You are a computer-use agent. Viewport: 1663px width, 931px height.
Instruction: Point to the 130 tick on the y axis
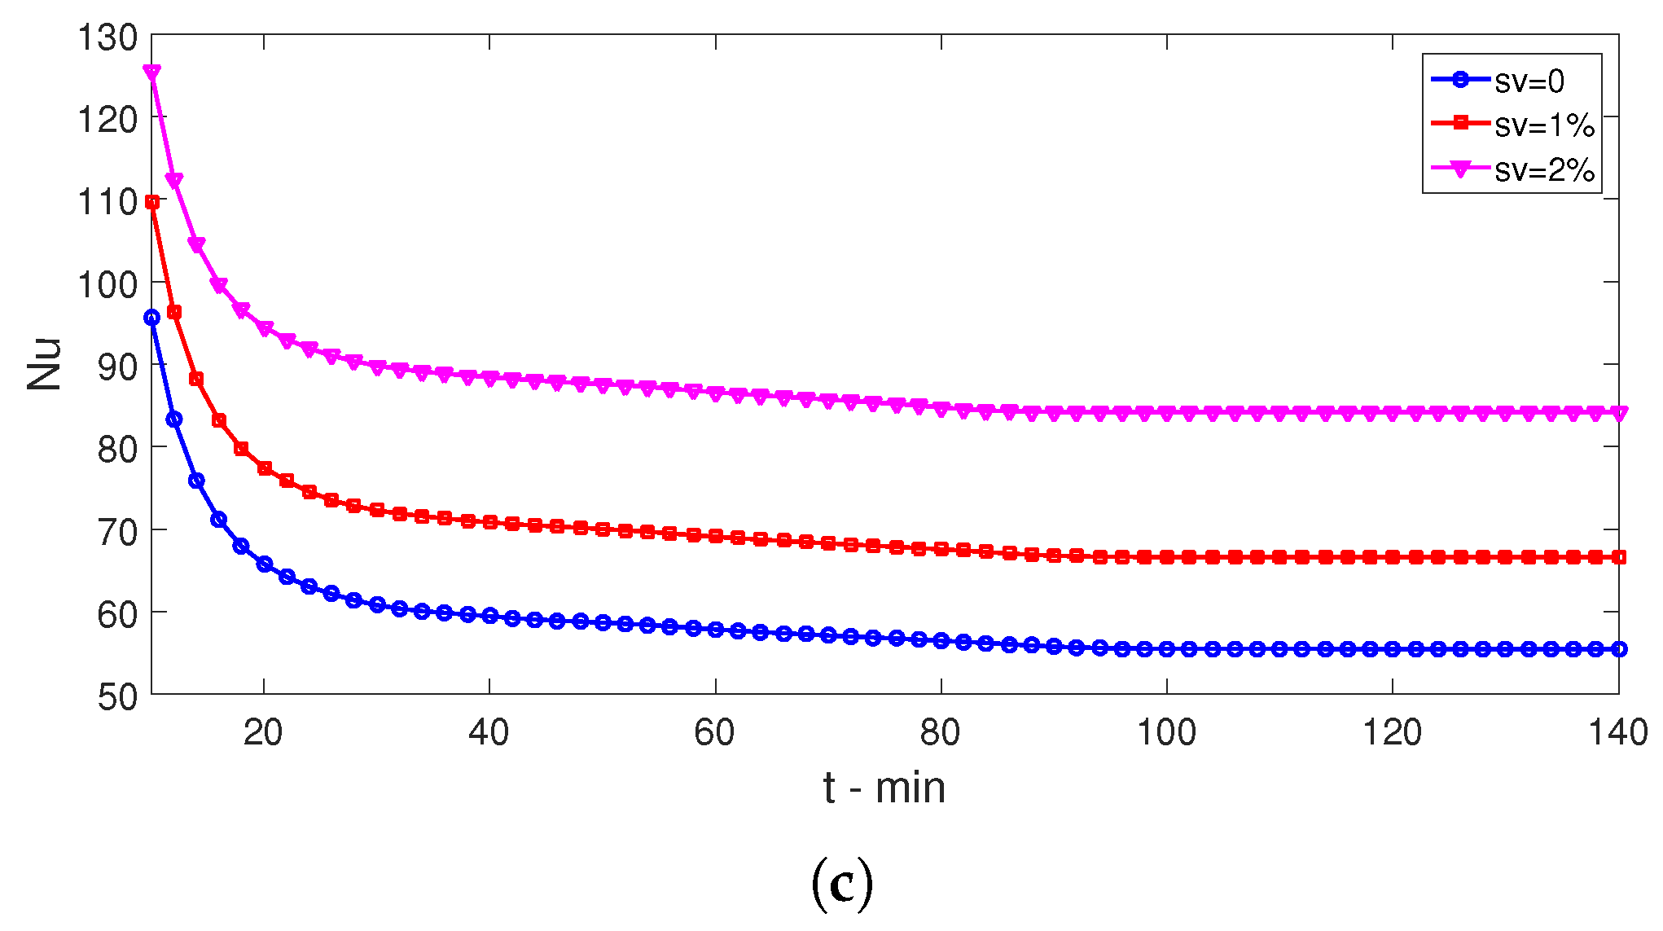(x=108, y=37)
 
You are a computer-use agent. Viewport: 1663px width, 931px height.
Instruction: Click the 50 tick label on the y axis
(x=117, y=696)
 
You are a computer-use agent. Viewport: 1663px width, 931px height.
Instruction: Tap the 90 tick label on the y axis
(x=117, y=367)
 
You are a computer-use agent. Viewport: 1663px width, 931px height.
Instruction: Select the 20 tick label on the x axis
(x=263, y=733)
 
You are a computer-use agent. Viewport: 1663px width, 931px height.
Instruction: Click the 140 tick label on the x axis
(x=1617, y=733)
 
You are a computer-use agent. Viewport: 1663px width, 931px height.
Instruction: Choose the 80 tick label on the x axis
(x=941, y=733)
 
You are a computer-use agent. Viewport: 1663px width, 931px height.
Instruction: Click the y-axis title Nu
(x=45, y=363)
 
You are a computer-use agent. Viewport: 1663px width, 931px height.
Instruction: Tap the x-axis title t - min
(x=884, y=788)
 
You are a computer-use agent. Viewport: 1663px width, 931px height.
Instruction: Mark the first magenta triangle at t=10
(x=151, y=72)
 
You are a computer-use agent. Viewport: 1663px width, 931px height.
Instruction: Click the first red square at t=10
(x=151, y=202)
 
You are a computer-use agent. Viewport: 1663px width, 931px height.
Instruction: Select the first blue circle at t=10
(x=151, y=318)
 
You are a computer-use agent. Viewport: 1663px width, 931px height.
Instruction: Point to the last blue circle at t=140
(x=1619, y=649)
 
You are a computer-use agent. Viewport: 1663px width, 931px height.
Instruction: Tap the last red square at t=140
(x=1619, y=557)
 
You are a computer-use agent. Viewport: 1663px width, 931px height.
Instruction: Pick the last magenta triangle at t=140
(x=1619, y=414)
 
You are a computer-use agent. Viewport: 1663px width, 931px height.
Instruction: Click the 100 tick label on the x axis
(x=1166, y=733)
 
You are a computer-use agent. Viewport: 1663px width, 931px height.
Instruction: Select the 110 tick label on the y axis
(x=108, y=202)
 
